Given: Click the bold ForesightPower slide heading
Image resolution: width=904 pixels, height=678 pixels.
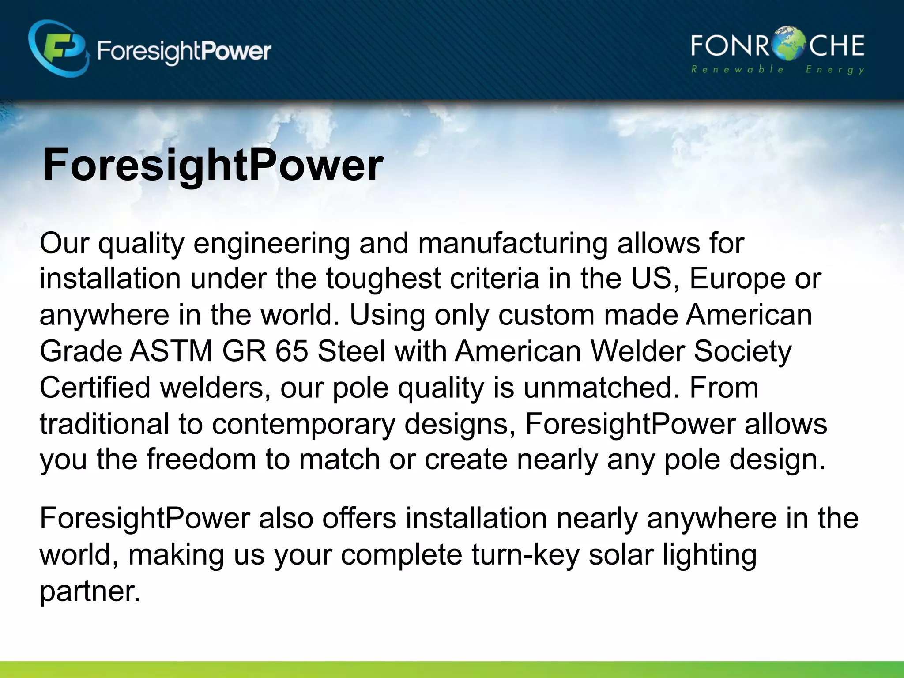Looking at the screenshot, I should (x=213, y=166).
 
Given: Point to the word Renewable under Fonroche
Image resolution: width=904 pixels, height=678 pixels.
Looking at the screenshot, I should (x=737, y=70).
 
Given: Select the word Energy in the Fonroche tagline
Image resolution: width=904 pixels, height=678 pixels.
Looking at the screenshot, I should (x=835, y=70).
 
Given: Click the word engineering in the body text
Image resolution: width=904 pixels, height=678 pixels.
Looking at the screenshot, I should (x=271, y=244).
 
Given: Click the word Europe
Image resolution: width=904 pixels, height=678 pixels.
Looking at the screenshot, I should (x=738, y=280).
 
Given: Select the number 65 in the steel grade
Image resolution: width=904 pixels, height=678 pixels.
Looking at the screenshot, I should (x=291, y=351).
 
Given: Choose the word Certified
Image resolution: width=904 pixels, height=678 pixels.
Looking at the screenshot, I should (x=95, y=388).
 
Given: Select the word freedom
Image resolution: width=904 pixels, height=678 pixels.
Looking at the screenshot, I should (x=201, y=459).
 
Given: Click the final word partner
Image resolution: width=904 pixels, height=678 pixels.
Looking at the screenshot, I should (x=90, y=591).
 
